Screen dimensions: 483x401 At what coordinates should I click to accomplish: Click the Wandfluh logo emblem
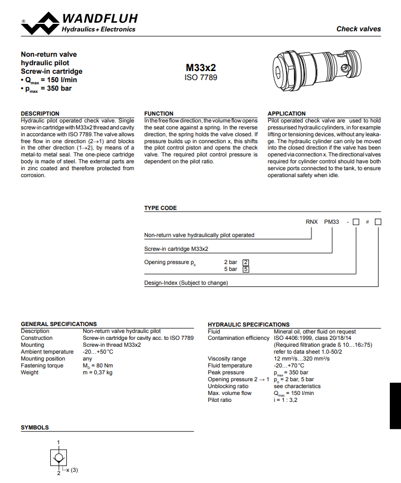(x=41, y=25)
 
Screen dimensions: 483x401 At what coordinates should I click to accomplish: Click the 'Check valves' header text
(x=358, y=29)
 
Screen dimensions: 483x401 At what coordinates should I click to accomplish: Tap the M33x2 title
(x=201, y=68)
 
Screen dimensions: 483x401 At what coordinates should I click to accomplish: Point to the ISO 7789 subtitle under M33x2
(x=201, y=77)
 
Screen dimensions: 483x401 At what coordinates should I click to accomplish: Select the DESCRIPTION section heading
(x=40, y=113)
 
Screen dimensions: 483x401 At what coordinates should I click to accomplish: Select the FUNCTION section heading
(x=158, y=113)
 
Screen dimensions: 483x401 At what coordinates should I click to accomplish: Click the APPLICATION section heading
(x=286, y=113)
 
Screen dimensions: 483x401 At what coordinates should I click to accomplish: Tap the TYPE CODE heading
(x=161, y=208)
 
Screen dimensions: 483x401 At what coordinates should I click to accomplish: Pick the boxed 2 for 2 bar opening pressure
(x=246, y=262)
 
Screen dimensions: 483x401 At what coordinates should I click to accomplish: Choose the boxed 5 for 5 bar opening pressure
(x=246, y=269)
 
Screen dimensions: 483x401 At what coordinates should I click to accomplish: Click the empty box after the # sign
(x=378, y=222)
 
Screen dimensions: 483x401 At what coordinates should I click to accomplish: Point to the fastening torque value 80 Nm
(x=98, y=366)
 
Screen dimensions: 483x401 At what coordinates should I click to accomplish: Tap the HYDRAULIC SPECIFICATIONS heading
(x=248, y=324)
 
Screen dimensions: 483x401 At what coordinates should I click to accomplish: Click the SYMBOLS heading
(x=34, y=427)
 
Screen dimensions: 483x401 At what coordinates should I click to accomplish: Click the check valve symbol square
(x=59, y=456)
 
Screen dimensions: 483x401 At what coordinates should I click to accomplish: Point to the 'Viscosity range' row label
(x=227, y=359)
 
